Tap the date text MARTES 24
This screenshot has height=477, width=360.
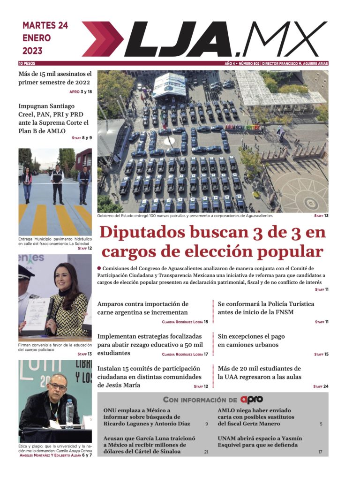click(x=45, y=26)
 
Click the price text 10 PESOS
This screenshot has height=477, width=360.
click(x=27, y=63)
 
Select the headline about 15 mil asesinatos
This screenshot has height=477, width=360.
click(x=55, y=78)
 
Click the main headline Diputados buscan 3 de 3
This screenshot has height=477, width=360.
click(x=212, y=242)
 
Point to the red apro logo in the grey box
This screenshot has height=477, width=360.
click(x=252, y=400)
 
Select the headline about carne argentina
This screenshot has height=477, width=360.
click(x=143, y=308)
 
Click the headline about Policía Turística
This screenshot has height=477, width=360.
click(x=266, y=308)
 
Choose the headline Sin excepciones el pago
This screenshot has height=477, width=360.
click(x=251, y=341)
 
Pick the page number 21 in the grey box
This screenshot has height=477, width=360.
click(x=206, y=452)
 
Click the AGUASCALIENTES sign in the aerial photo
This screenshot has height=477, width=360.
click(x=243, y=127)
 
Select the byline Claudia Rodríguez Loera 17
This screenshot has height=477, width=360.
click(x=185, y=354)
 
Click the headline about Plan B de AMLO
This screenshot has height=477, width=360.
click(x=53, y=119)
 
